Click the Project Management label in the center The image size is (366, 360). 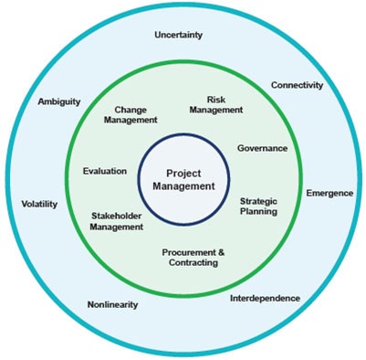[x=190, y=179]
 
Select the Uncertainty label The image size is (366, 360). [x=179, y=36]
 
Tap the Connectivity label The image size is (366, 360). [x=298, y=85]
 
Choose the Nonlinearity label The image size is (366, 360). [x=112, y=304]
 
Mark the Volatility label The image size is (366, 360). [x=39, y=205]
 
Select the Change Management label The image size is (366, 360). [x=131, y=114]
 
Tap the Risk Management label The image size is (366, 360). [x=215, y=105]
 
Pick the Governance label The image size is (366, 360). [x=262, y=147]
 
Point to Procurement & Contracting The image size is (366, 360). [x=193, y=257]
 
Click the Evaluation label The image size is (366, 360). [x=98, y=171]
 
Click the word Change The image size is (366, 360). [x=131, y=109]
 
